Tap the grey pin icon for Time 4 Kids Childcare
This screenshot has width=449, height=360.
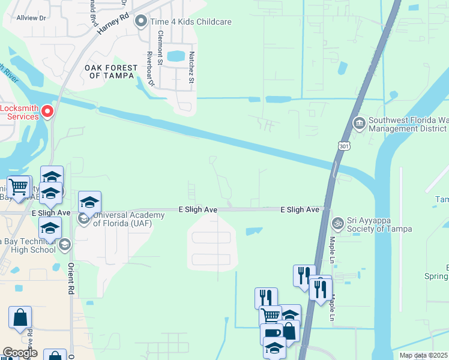[x=142, y=22]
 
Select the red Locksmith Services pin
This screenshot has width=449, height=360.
[x=47, y=111]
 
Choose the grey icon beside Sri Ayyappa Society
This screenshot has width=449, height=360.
[x=337, y=223]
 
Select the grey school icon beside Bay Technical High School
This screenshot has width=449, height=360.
[x=64, y=244]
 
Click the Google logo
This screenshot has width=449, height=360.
[x=20, y=353]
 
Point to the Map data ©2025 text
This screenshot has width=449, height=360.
[x=423, y=355]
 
